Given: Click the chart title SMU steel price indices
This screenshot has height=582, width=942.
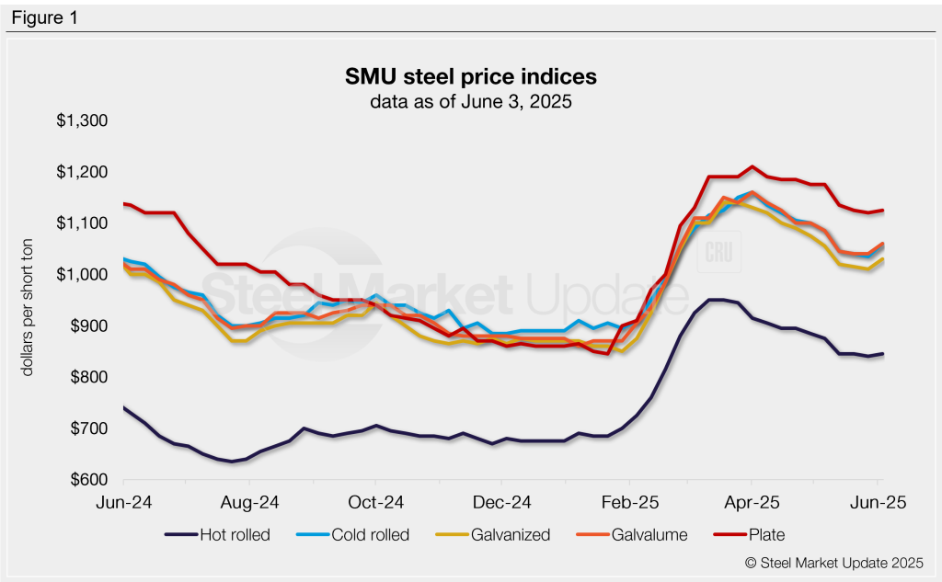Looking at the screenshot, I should (x=470, y=76).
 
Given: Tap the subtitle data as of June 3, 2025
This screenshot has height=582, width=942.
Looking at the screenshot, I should (x=470, y=102).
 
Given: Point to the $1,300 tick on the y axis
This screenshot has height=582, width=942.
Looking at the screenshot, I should (x=83, y=121).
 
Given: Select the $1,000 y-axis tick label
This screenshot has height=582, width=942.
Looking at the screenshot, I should (x=83, y=275).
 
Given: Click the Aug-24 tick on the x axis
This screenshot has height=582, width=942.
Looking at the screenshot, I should (x=249, y=503).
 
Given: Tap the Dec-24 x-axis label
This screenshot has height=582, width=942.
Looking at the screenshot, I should (x=500, y=503).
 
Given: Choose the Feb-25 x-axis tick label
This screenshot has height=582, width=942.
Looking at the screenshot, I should (x=629, y=503).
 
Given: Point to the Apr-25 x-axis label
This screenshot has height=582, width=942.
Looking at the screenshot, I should (x=752, y=503).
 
